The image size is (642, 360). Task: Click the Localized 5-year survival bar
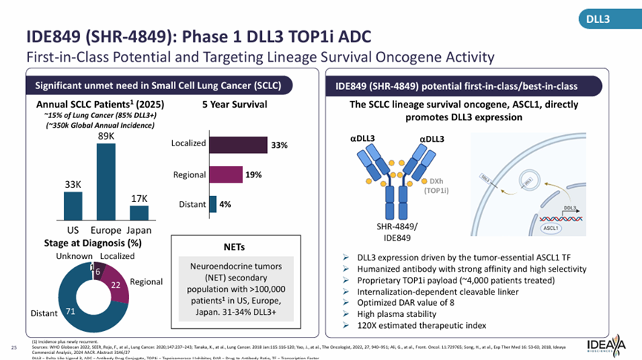point(238,145)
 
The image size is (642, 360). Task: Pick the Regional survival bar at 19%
point(226,174)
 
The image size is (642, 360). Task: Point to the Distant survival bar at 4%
point(213,204)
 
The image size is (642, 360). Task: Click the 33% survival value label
point(279,145)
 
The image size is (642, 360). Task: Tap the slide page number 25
point(13,347)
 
